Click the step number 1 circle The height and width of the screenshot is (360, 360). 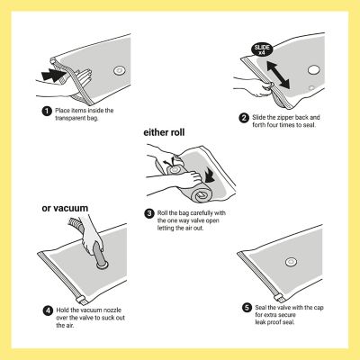pyautogui.click(x=47, y=112)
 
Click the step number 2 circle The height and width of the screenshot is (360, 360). pyautogui.click(x=244, y=118)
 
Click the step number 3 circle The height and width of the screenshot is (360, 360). pyautogui.click(x=149, y=213)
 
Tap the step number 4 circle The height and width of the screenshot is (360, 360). pyautogui.click(x=48, y=310)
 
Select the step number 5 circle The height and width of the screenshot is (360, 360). pyautogui.click(x=247, y=308)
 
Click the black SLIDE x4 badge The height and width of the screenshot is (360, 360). pyautogui.click(x=262, y=49)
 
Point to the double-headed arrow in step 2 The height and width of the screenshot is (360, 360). pyautogui.click(x=278, y=75)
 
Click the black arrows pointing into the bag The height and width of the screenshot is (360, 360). pyautogui.click(x=53, y=75)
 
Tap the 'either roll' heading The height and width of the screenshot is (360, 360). pyautogui.click(x=164, y=132)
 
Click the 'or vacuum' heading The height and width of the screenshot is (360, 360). pyautogui.click(x=65, y=208)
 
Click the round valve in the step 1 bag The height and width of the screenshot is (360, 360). pyautogui.click(x=119, y=71)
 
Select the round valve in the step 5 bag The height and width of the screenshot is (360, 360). pyautogui.click(x=291, y=262)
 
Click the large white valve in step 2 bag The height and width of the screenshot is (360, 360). pyautogui.click(x=314, y=70)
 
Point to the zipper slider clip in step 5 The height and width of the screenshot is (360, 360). pyautogui.click(x=278, y=298)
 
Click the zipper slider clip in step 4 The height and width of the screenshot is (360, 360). pyautogui.click(x=80, y=301)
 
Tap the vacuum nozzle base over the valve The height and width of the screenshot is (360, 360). pyautogui.click(x=103, y=265)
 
